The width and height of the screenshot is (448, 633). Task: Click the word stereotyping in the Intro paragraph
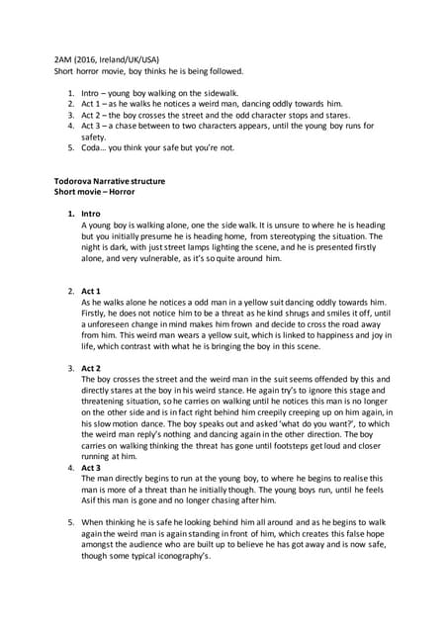(275, 236)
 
